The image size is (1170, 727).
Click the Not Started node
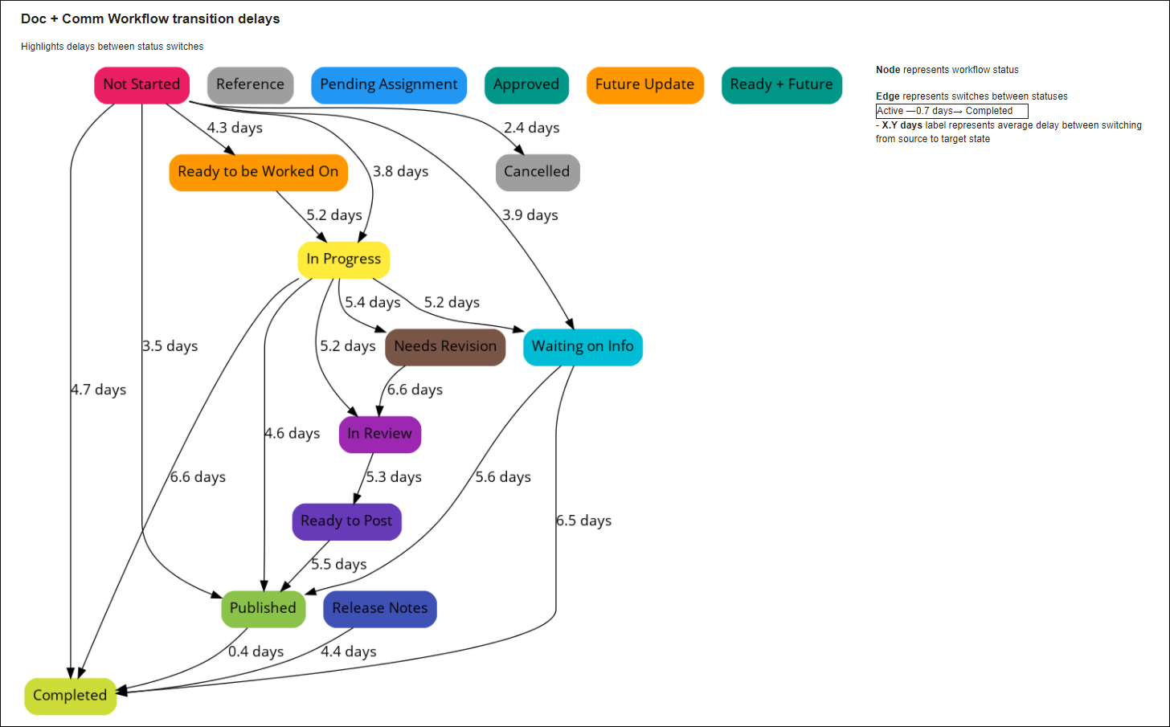tap(141, 85)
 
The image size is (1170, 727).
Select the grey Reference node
tap(250, 85)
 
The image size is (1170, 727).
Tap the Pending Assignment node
tap(389, 85)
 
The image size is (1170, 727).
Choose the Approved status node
tap(526, 85)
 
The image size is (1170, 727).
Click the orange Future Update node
tap(644, 85)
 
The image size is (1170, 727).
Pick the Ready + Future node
tap(781, 85)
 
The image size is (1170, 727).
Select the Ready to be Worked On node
tap(258, 172)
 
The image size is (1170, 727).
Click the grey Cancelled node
tap(537, 172)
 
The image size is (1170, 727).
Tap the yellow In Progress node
tap(343, 259)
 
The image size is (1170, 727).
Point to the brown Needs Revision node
tap(445, 347)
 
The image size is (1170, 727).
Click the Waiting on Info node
tap(583, 347)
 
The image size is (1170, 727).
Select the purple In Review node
tap(379, 434)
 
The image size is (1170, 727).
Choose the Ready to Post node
tap(346, 521)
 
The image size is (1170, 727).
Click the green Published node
tap(263, 609)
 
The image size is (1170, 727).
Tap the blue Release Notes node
tap(380, 609)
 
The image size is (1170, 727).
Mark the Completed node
tap(70, 696)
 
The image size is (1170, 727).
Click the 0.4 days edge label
tap(256, 651)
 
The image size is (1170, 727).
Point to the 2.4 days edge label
tap(531, 128)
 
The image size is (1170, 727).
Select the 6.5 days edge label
tap(583, 521)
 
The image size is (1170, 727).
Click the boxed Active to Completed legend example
tap(951, 111)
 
